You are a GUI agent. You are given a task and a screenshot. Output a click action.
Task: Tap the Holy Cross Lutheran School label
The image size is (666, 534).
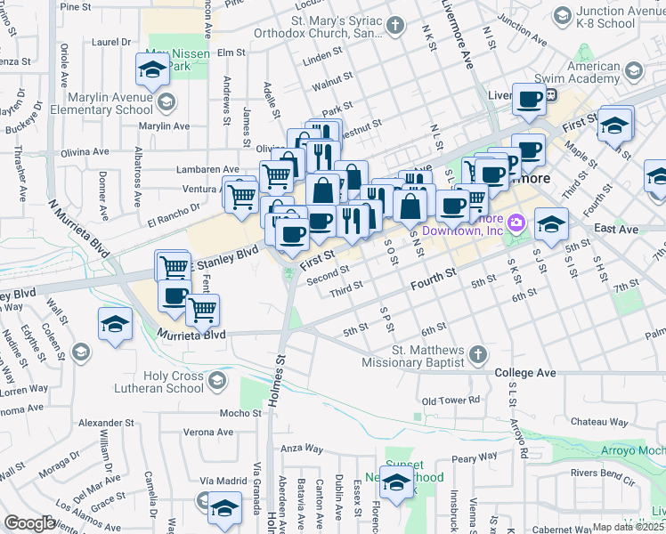(159, 382)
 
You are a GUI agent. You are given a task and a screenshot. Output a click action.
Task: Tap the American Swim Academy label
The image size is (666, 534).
(593, 72)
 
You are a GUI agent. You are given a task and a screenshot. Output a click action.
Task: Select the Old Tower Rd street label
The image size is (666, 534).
(451, 400)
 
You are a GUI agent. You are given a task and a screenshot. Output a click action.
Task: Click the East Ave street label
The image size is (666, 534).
(617, 229)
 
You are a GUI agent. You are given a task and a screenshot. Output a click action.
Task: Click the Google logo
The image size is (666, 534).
(29, 523)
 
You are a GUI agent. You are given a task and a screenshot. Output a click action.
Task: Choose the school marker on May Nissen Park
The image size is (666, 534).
(152, 69)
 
